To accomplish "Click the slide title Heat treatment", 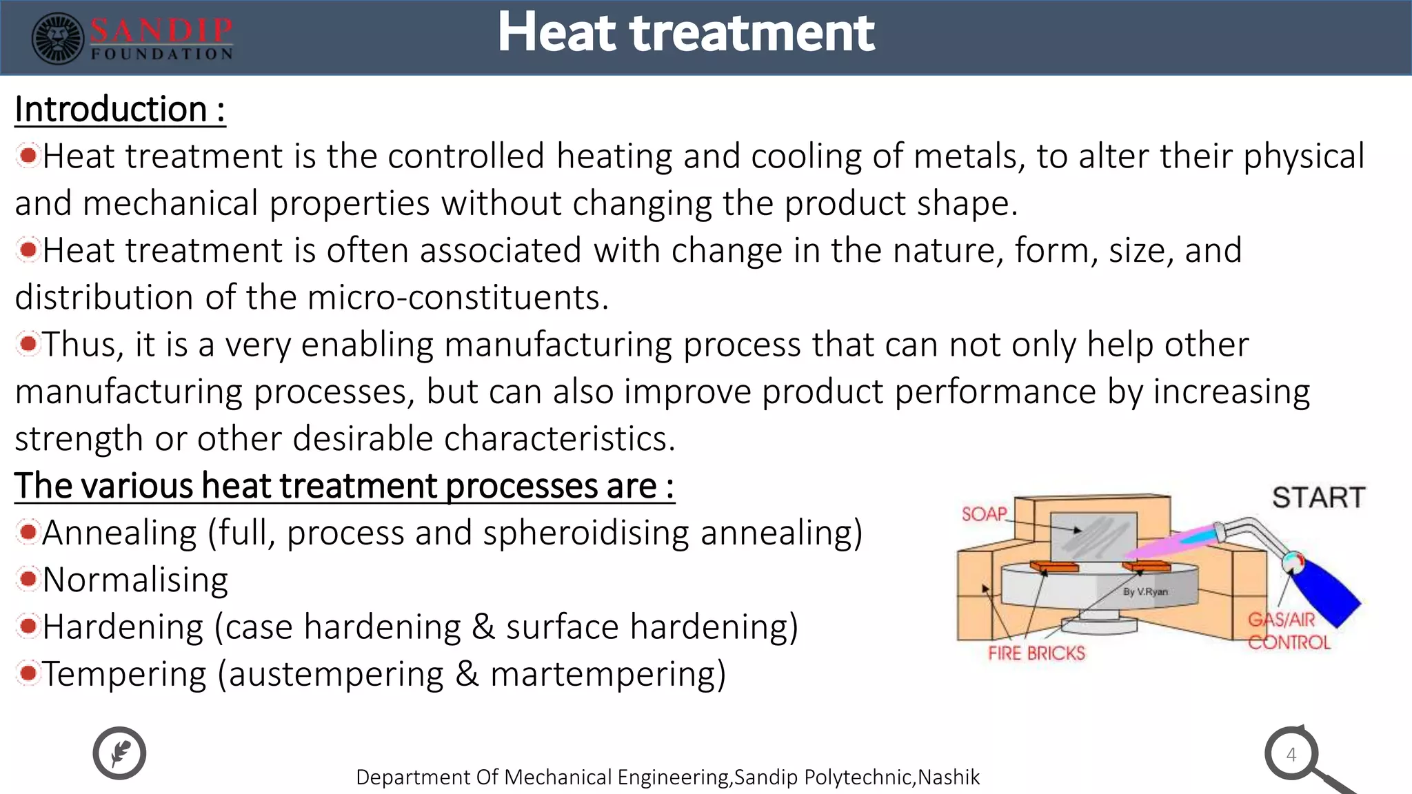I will click(686, 32).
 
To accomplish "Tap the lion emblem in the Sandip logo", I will click(58, 39).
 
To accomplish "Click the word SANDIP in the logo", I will click(161, 30).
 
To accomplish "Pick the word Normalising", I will click(135, 580).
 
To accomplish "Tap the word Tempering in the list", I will click(124, 674).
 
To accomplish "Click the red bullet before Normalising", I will click(28, 579).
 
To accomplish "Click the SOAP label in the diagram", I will click(984, 514).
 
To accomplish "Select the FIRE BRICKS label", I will click(1036, 653).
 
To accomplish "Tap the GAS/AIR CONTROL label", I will click(1288, 631).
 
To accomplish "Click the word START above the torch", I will click(1318, 498).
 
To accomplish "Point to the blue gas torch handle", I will click(1327, 593).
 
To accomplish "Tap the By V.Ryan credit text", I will click(1145, 591).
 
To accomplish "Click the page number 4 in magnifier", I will click(1291, 755).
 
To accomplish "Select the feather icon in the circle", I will click(119, 753).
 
